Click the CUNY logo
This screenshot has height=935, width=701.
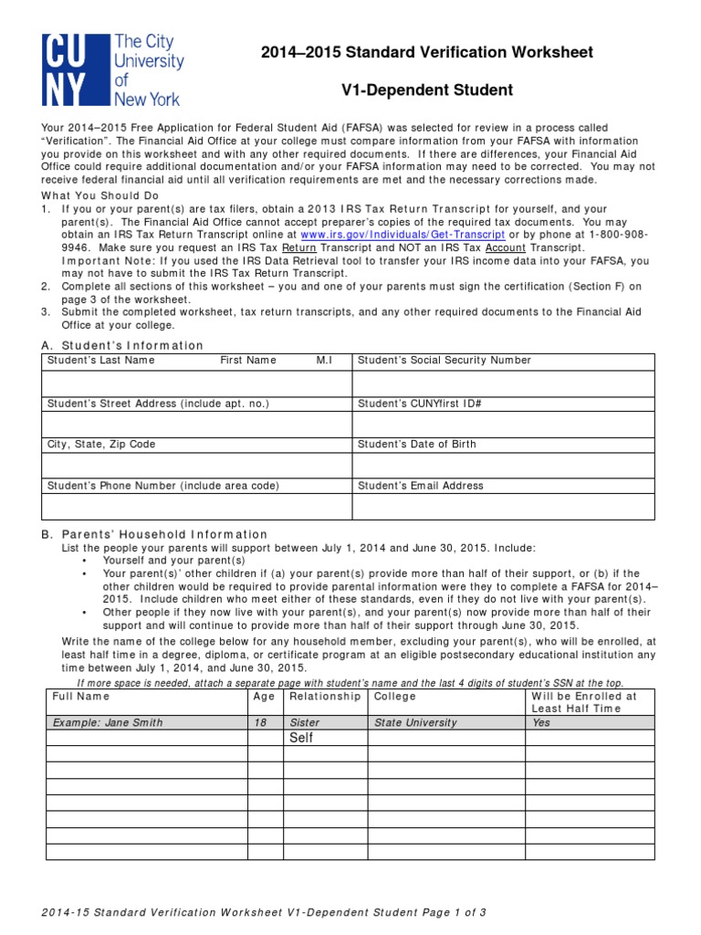[111, 70]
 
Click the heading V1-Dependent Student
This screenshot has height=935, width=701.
[426, 90]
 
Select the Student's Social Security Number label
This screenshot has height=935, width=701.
[445, 361]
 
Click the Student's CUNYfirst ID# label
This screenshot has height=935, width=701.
[420, 403]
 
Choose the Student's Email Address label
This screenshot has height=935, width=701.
[421, 486]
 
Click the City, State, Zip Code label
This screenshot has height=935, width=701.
[101, 445]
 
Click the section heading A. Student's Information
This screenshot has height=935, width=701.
[123, 345]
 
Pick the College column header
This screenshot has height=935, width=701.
[394, 697]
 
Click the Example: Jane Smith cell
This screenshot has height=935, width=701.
[108, 722]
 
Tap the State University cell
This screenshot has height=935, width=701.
[415, 722]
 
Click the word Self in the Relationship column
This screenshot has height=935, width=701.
[301, 738]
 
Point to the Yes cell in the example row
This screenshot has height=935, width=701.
[541, 722]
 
